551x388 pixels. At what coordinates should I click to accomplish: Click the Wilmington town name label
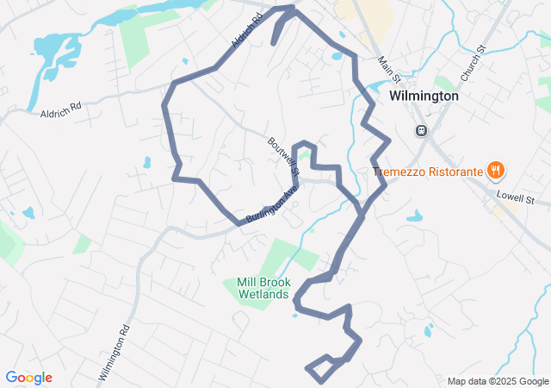pyautogui.click(x=424, y=96)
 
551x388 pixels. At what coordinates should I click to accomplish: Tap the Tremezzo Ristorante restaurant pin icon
pyautogui.click(x=495, y=171)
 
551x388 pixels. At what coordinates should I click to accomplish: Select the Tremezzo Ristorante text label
pyautogui.click(x=428, y=172)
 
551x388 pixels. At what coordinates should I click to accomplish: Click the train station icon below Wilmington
pyautogui.click(x=421, y=131)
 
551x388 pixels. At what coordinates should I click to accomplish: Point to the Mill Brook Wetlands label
pyautogui.click(x=263, y=288)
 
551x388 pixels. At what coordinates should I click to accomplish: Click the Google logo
pyautogui.click(x=28, y=378)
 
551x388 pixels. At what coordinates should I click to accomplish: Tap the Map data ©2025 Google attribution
pyautogui.click(x=497, y=381)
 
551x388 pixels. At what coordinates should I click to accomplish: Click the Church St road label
pyautogui.click(x=473, y=65)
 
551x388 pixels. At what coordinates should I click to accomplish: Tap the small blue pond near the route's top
pyautogui.click(x=335, y=57)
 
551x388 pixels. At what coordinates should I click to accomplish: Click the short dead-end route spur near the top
pyautogui.click(x=278, y=30)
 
